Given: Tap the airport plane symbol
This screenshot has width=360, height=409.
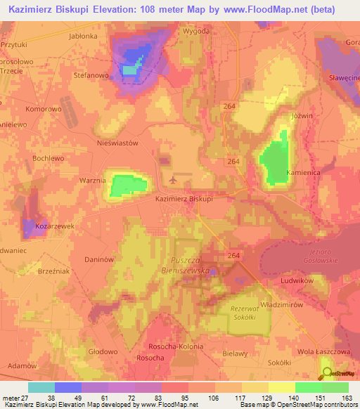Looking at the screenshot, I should [174, 181].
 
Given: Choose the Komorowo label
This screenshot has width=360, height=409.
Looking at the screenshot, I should [44, 109].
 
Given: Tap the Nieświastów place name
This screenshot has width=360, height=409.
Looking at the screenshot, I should [117, 142].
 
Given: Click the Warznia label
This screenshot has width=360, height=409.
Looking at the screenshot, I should [92, 181].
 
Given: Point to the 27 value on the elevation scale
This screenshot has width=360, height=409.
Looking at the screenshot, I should [27, 398].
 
